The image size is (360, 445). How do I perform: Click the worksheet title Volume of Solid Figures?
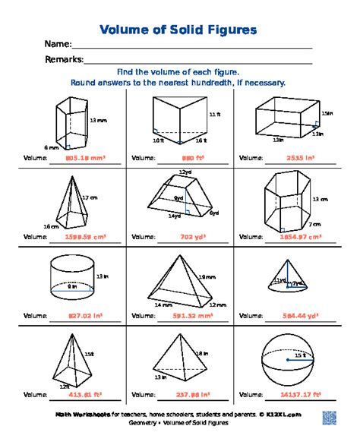pos(178,30)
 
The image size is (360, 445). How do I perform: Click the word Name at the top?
pos(58,45)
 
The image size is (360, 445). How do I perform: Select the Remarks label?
pos(63,59)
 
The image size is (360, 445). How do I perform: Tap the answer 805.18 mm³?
pos(85,159)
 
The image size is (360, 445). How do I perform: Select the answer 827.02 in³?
pos(85,315)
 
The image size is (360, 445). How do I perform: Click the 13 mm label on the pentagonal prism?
pos(98,121)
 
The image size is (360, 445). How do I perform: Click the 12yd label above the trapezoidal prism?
pos(185,172)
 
